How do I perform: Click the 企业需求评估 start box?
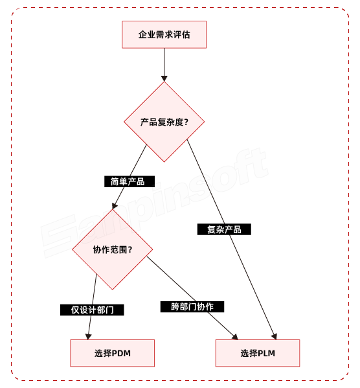coord(164,34)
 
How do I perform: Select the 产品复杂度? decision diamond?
coord(164,121)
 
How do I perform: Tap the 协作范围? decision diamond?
coord(112,249)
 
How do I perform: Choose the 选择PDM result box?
coord(112,353)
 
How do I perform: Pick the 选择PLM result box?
coord(258,353)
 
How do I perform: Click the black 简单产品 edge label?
coord(129,181)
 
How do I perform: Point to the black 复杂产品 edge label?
coord(224,229)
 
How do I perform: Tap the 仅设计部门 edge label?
coord(92,310)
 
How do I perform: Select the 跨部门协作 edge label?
coord(192,306)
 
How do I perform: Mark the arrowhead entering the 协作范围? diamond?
coord(115,205)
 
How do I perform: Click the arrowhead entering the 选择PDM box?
coord(88,336)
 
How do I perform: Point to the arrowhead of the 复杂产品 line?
coord(275,336)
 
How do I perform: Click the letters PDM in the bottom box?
coord(121,353)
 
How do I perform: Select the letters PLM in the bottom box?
coord(267,353)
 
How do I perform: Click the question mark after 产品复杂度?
coord(186,121)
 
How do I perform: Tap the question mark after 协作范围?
coord(131,249)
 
